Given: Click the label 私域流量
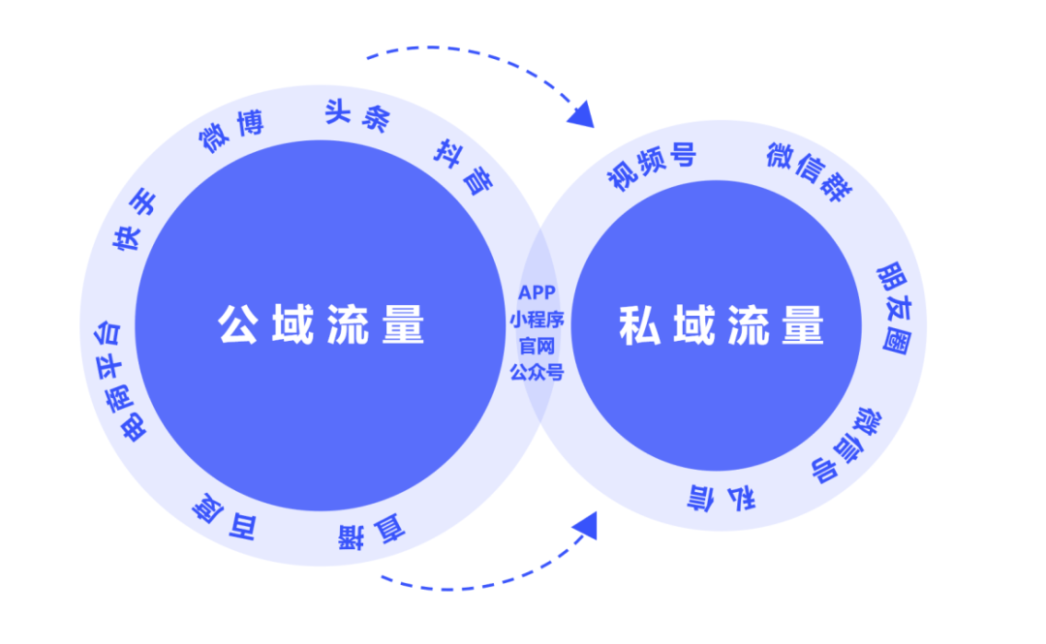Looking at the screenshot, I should (x=721, y=326).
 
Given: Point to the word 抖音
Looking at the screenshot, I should (x=462, y=165).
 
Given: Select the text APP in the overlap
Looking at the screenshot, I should (x=537, y=291).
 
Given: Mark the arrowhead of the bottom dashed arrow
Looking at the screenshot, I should (x=584, y=527).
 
